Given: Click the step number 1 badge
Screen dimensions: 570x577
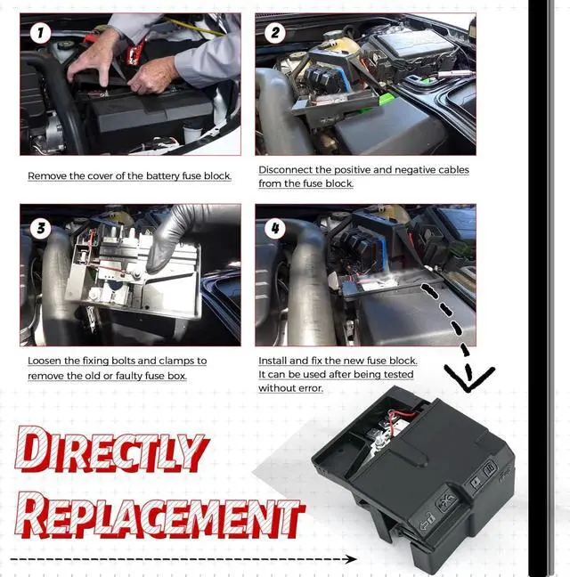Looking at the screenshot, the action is pyautogui.click(x=40, y=33).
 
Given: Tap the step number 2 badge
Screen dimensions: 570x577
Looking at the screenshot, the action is pyautogui.click(x=275, y=33).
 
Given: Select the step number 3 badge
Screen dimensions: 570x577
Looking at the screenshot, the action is pyautogui.click(x=40, y=228).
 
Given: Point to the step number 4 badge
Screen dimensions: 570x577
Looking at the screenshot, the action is pyautogui.click(x=275, y=228).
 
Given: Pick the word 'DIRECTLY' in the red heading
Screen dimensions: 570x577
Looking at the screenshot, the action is pyautogui.click(x=111, y=450).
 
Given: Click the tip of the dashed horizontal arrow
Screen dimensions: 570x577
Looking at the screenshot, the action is pyautogui.click(x=356, y=560).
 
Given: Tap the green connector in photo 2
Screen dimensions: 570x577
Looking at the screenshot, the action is pyautogui.click(x=386, y=99).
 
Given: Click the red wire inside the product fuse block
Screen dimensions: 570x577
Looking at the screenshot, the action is pyautogui.click(x=401, y=415).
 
